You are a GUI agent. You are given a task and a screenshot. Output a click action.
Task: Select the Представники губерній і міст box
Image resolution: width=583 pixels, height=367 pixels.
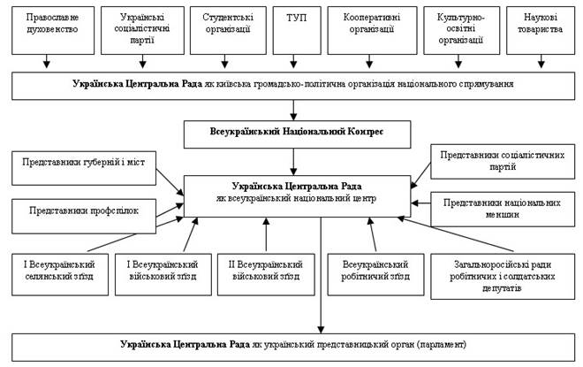click(85, 163)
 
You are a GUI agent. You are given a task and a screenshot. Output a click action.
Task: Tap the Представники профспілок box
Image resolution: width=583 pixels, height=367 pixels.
click(85, 212)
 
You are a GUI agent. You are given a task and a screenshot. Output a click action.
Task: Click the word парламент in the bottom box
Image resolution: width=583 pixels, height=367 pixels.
click(438, 342)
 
